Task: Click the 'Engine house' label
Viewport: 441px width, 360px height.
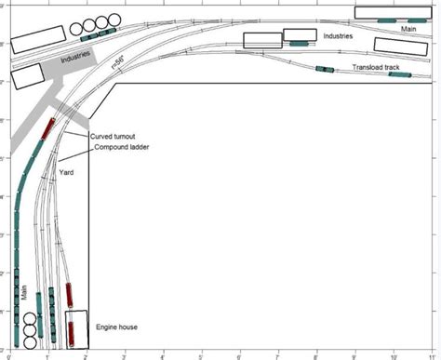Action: pos(117,327)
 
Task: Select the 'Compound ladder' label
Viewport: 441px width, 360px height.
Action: pos(120,147)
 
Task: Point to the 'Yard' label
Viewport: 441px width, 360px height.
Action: pos(66,172)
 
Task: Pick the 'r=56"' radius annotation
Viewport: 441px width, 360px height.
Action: pos(118,61)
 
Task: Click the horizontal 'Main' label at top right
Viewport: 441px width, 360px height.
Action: pos(408,29)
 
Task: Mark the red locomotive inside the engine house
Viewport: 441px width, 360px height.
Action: pos(71,330)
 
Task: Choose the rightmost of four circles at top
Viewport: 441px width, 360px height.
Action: pos(115,20)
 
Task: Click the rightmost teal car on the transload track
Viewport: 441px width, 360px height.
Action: pos(399,74)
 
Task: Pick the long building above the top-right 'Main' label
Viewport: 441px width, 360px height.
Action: pos(391,13)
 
